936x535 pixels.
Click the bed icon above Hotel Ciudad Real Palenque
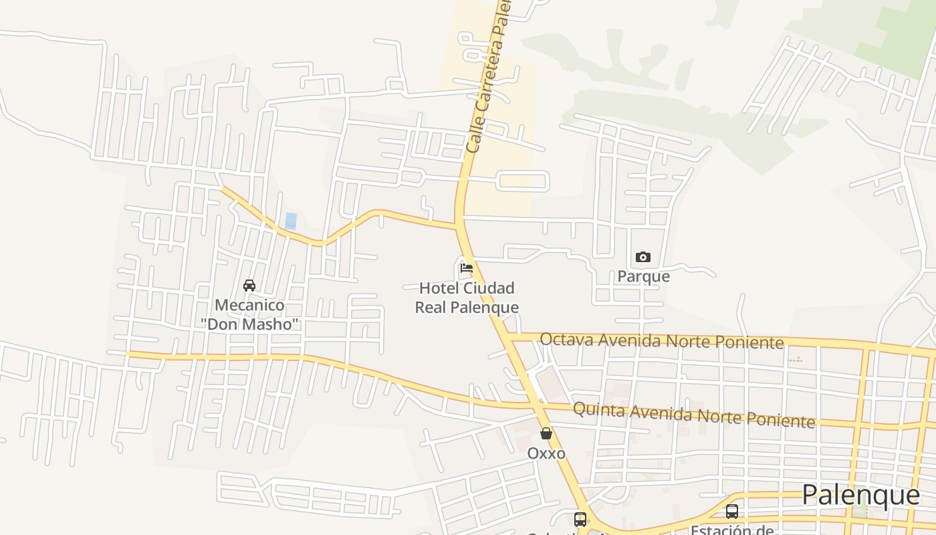pyautogui.click(x=467, y=268)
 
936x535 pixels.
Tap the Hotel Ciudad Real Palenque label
pyautogui.click(x=467, y=298)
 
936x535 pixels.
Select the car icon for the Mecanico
pyautogui.click(x=249, y=286)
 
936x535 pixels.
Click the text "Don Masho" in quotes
pyautogui.click(x=249, y=324)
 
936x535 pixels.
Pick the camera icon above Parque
pyautogui.click(x=643, y=257)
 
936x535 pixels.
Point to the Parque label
pyautogui.click(x=643, y=276)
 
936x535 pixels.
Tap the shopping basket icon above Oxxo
pyautogui.click(x=546, y=433)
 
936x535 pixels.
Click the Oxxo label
pyautogui.click(x=546, y=453)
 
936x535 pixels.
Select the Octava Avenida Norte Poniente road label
pyautogui.click(x=661, y=340)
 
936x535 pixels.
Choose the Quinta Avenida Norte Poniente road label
pyautogui.click(x=694, y=414)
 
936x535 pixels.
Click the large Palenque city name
pyautogui.click(x=860, y=495)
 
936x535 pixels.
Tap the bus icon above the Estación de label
pyautogui.click(x=732, y=512)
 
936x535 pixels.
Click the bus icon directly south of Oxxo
pyautogui.click(x=580, y=519)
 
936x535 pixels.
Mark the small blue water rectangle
pyautogui.click(x=291, y=221)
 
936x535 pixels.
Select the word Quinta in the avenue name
pyautogui.click(x=599, y=409)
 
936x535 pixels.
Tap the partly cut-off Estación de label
pyautogui.click(x=732, y=530)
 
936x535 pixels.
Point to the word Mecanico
pyautogui.click(x=249, y=306)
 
